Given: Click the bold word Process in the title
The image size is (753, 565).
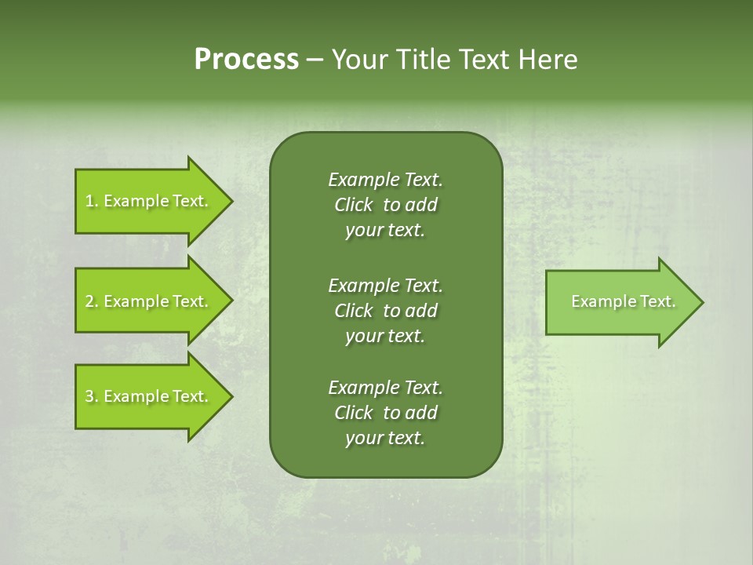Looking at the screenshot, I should tap(246, 60).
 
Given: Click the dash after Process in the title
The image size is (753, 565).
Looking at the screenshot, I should tap(315, 60).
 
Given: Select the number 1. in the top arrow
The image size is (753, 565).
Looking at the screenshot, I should tap(92, 201).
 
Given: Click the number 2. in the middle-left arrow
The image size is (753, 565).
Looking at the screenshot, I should tap(92, 301).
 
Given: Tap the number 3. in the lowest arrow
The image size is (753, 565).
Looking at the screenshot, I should tap(92, 396).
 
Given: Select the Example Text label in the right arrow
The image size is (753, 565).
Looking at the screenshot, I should tap(623, 301).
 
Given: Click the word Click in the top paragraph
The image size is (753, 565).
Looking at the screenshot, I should tap(353, 205).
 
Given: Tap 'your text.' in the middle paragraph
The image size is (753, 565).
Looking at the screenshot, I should tap(385, 335).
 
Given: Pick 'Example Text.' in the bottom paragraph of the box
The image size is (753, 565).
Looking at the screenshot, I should tap(385, 388).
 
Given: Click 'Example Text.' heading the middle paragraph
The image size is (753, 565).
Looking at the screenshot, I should tap(385, 285).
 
